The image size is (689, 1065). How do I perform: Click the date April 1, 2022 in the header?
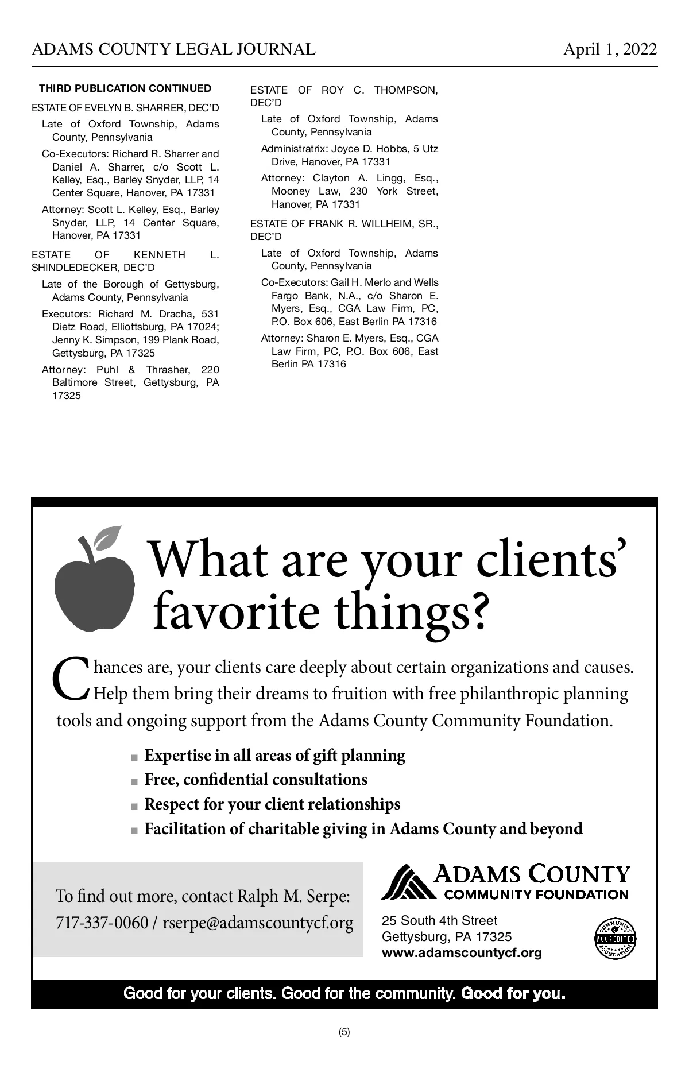pyautogui.click(x=610, y=49)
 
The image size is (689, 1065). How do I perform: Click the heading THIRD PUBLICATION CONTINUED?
pyautogui.click(x=125, y=88)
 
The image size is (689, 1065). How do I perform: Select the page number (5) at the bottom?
pyautogui.click(x=344, y=1032)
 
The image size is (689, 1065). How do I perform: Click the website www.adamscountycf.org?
pyautogui.click(x=462, y=953)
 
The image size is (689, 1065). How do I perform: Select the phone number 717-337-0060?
pyautogui.click(x=102, y=923)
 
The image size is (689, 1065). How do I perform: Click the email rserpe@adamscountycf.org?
pyautogui.click(x=258, y=923)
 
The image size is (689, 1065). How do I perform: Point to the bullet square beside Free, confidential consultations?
pyautogui.click(x=134, y=781)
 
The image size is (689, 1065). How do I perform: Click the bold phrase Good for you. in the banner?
pyautogui.click(x=513, y=994)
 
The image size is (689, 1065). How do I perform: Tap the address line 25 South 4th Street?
pyautogui.click(x=439, y=921)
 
